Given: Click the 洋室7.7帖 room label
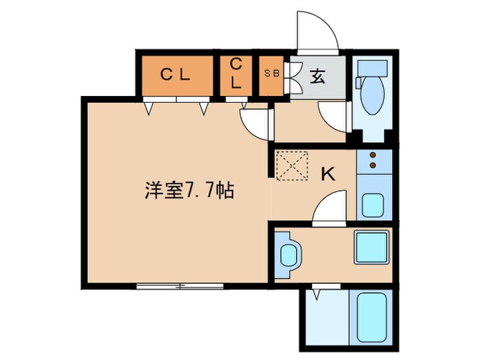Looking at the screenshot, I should [x=189, y=191].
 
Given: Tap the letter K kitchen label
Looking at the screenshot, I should [x=328, y=174].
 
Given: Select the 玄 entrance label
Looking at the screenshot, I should [x=318, y=76].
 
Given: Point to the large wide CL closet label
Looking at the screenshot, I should [x=176, y=75].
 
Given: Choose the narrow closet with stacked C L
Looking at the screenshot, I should [x=235, y=73].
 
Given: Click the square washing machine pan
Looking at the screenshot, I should [x=371, y=247].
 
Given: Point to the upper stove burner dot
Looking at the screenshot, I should [x=373, y=155].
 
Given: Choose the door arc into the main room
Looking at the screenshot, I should [x=254, y=123].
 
